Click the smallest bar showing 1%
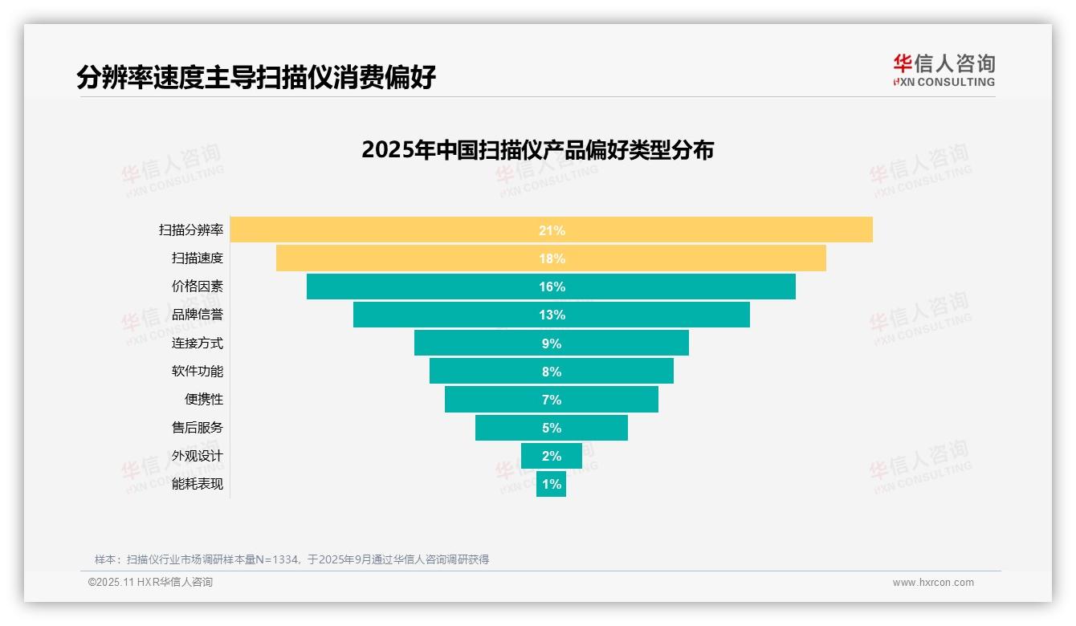(x=551, y=484)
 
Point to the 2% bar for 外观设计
(x=551, y=456)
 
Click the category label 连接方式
(x=198, y=343)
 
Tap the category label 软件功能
(x=198, y=372)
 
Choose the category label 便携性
(x=204, y=400)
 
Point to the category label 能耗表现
(x=198, y=484)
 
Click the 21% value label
(x=552, y=230)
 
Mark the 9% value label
(x=552, y=343)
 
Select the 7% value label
(x=552, y=400)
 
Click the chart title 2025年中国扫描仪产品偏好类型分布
(x=537, y=150)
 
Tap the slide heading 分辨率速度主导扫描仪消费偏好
(x=256, y=77)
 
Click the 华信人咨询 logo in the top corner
(x=944, y=70)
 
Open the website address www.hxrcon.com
(x=933, y=583)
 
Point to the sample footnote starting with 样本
(x=291, y=559)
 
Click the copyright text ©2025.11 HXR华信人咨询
(x=150, y=583)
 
